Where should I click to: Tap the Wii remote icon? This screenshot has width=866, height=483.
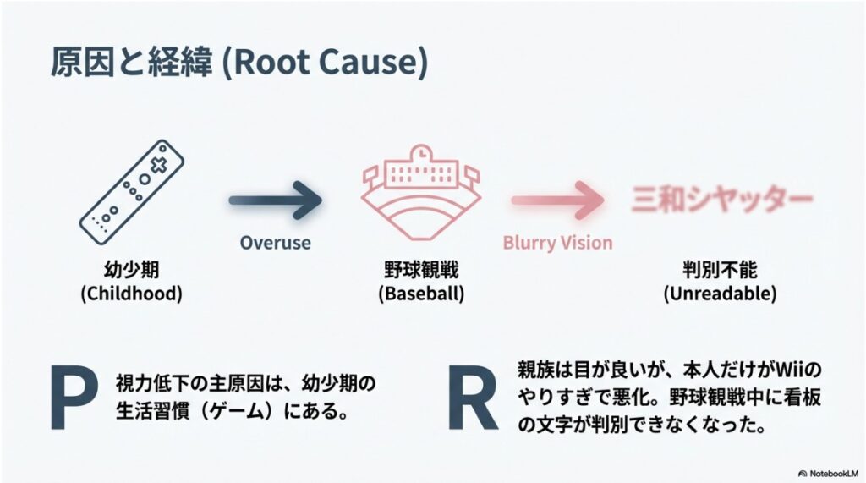coord(134,188)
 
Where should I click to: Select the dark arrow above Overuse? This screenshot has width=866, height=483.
coord(276,200)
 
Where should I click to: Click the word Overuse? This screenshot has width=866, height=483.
coord(275,243)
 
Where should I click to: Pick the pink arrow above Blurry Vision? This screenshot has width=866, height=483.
coord(557,200)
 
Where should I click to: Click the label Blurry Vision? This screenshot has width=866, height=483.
coord(557,243)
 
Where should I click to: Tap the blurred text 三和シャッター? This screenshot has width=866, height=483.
coord(721,200)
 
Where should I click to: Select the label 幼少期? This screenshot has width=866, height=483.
coord(134,272)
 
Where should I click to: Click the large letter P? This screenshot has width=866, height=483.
coord(74,400)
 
